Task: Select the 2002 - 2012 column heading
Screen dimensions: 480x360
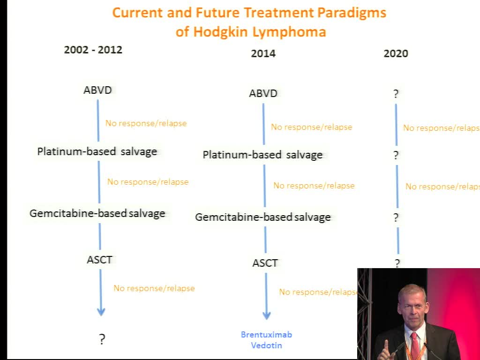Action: tap(93, 50)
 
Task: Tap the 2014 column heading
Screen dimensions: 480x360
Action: tap(263, 53)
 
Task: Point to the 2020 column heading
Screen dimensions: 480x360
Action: tap(396, 53)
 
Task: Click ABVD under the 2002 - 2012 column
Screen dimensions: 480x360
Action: tap(97, 90)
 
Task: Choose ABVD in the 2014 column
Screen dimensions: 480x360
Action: tap(263, 93)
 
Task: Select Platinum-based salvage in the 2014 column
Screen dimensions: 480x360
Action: tap(262, 155)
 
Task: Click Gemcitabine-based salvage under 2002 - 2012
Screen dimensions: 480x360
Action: tap(97, 213)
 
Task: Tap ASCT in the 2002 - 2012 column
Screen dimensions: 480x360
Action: tap(100, 260)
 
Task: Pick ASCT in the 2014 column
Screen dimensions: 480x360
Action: tap(265, 263)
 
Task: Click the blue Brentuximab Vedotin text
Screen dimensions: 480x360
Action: tap(266, 340)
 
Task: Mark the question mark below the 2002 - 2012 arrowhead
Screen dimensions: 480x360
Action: tap(102, 339)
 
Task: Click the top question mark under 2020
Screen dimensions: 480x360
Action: tap(396, 94)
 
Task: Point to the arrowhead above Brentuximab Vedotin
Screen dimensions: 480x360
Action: tap(267, 315)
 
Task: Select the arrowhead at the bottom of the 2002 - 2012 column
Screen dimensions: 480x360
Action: tap(101, 312)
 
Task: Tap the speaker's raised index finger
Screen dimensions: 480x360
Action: tap(386, 345)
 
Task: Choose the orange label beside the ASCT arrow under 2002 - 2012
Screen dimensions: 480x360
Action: tap(154, 288)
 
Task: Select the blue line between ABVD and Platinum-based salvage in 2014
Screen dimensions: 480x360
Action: tap(263, 124)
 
